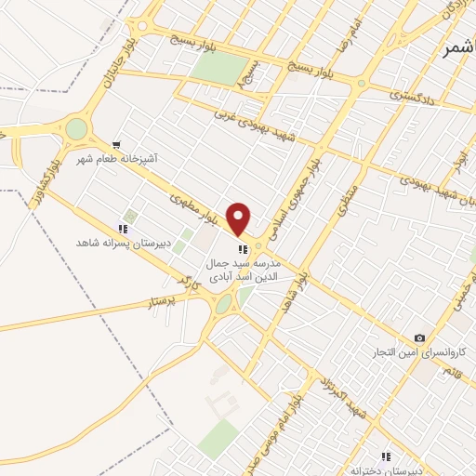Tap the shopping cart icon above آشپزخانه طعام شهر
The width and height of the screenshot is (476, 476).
click(x=116, y=144)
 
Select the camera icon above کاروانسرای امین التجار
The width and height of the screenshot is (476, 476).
click(x=420, y=337)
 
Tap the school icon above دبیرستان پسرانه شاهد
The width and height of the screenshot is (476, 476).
click(x=122, y=228)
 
